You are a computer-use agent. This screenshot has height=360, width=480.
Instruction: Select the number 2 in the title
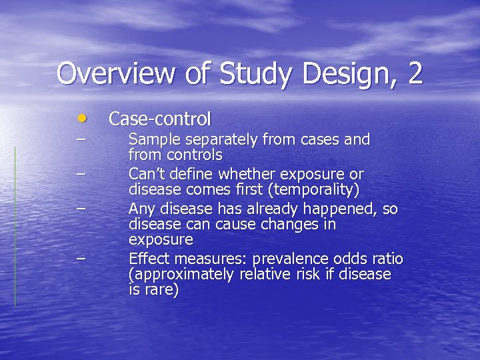415,73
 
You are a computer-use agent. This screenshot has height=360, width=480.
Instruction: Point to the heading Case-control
160,119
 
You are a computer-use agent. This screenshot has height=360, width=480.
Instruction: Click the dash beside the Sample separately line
81,139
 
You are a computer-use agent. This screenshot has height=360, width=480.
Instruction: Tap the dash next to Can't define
81,173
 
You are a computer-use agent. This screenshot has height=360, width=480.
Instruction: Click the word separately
213,139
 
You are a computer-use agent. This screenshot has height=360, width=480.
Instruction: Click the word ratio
387,259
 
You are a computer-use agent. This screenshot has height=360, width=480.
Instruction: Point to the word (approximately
181,275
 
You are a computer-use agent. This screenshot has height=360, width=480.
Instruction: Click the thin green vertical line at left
15,227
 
